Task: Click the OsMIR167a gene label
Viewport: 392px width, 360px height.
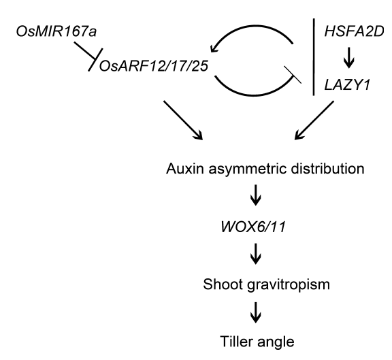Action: click(56, 32)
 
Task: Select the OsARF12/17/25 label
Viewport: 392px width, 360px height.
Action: click(154, 66)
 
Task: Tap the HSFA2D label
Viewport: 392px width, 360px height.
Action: click(354, 32)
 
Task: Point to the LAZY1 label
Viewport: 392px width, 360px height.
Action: click(347, 85)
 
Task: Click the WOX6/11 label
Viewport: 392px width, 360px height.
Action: click(253, 227)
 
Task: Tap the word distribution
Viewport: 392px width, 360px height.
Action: click(327, 169)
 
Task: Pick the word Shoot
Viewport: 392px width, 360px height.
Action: click(223, 284)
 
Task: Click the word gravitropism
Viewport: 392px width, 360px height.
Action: click(289, 286)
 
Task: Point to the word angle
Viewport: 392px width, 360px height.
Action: click(276, 343)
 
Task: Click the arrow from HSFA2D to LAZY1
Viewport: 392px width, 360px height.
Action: click(349, 59)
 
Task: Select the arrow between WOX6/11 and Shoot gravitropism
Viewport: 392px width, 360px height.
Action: click(255, 254)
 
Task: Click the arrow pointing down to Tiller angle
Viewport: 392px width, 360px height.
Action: click(255, 312)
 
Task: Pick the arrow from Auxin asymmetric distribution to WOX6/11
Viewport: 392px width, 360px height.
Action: click(255, 195)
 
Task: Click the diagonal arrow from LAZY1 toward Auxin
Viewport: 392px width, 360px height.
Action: click(314, 120)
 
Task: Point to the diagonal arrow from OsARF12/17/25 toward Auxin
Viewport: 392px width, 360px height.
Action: click(183, 120)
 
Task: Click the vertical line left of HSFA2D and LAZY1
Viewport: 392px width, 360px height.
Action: click(314, 56)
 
